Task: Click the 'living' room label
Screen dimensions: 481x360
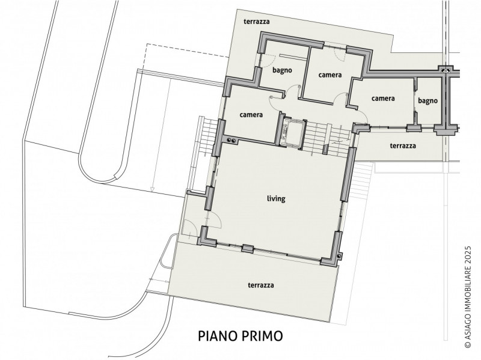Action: coord(276,199)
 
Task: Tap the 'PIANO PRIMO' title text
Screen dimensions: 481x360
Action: coord(240,336)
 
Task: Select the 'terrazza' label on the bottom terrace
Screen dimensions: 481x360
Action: coord(261,285)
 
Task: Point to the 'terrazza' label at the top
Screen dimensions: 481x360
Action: coord(257,22)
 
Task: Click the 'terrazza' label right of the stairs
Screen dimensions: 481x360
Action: coord(403,145)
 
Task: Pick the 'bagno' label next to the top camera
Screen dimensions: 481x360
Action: coord(282,70)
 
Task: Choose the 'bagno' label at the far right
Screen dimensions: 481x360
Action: coord(427,100)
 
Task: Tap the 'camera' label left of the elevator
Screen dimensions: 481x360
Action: coord(251,115)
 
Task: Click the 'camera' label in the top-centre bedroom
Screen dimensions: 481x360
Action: coord(329,75)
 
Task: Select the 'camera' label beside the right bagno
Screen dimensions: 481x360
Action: coord(383,99)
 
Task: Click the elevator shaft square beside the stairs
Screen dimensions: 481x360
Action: coord(293,132)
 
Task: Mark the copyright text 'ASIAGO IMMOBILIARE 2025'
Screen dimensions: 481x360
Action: coord(468,297)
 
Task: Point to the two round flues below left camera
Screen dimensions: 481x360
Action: coord(231,141)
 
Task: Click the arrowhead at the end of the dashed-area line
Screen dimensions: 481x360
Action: coord(152,190)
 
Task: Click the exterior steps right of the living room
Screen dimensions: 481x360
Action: coord(361,181)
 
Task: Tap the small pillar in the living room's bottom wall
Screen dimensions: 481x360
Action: coord(247,248)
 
